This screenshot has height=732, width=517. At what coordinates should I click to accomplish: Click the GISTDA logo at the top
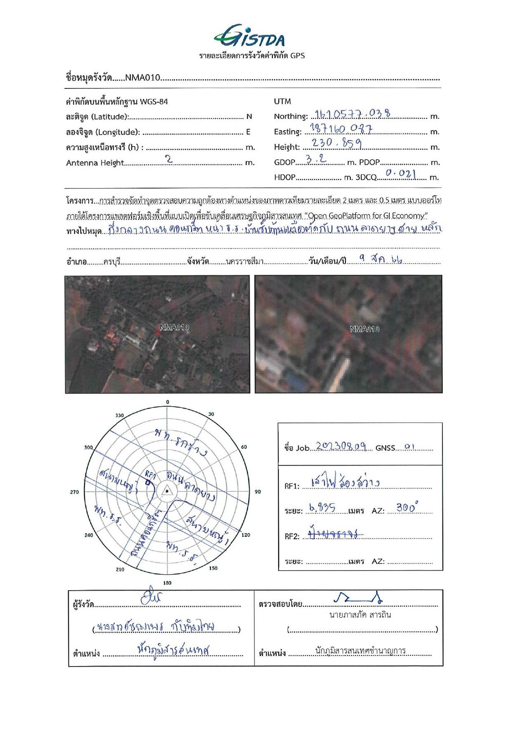click(250, 36)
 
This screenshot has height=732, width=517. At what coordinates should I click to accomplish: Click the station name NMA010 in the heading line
click(142, 77)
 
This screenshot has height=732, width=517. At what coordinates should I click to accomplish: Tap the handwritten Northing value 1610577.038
click(353, 113)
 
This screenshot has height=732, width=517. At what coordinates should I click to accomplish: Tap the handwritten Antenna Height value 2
click(169, 159)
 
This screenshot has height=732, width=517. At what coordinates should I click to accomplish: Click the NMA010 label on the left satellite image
click(174, 327)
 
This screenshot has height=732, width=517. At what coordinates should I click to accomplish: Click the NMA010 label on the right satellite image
click(365, 329)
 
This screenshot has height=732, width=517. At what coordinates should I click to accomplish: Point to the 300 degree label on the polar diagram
click(88, 447)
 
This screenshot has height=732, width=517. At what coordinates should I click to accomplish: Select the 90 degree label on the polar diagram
click(258, 492)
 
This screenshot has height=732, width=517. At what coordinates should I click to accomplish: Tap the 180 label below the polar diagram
click(167, 583)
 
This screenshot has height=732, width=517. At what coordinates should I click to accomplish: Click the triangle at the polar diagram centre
click(167, 491)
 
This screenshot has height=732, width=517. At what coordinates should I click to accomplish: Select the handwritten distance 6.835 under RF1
click(322, 508)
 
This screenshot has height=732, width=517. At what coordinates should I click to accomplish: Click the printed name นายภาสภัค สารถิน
click(360, 615)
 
